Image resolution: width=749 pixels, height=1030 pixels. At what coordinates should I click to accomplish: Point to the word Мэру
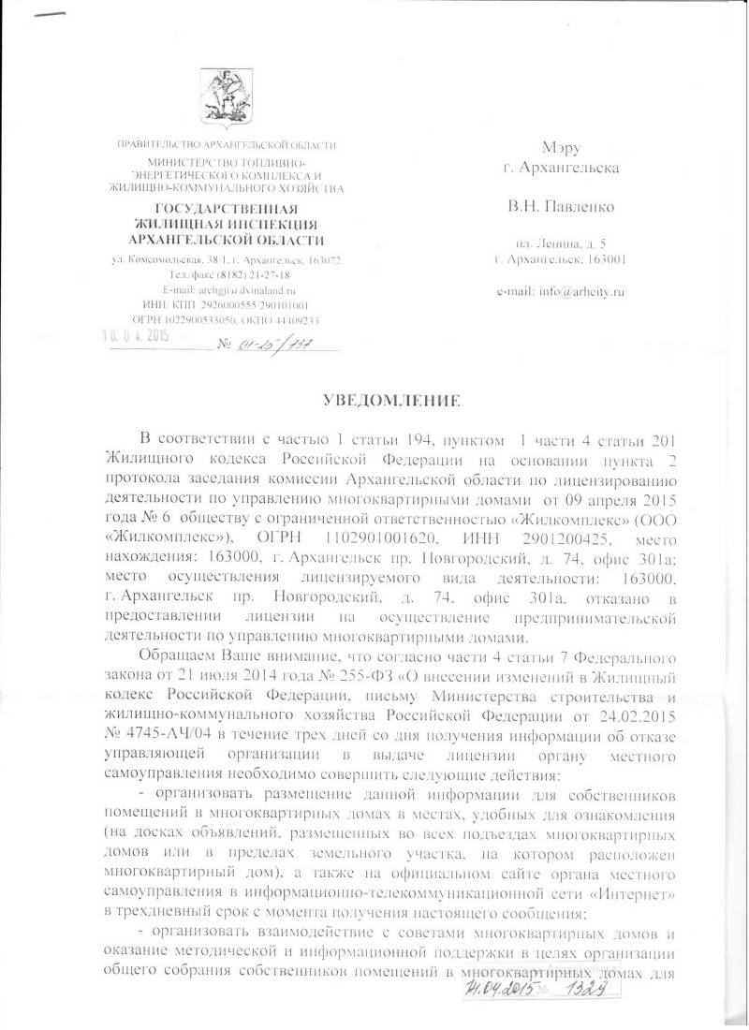point(563,148)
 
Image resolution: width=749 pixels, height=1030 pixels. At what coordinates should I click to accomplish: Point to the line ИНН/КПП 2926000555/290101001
point(228,304)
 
